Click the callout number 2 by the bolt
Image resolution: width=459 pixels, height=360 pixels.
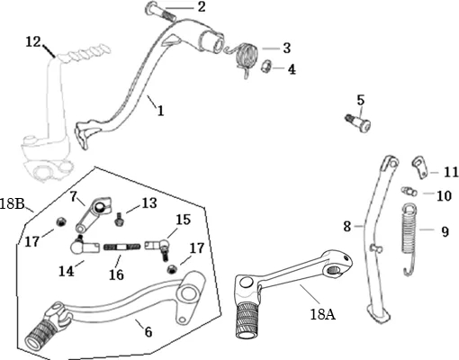(202, 6)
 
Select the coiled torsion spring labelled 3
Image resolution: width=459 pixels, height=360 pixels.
(244, 58)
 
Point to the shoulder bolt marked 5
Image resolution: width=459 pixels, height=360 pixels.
(358, 121)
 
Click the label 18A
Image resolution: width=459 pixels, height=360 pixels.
(323, 314)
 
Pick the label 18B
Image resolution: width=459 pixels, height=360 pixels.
(12, 203)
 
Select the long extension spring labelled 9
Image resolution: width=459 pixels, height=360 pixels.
(409, 237)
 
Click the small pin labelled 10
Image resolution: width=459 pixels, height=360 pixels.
(409, 191)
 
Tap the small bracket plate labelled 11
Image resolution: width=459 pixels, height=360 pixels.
(420, 167)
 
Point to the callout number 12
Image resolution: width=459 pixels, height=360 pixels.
(33, 41)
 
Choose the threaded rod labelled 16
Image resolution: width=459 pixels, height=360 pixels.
(121, 247)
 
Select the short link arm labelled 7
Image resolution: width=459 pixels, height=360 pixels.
(92, 213)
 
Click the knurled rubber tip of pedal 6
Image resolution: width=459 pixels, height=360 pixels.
(40, 333)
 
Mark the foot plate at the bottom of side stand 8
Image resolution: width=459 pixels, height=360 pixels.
(379, 314)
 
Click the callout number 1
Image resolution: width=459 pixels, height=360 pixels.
(161, 111)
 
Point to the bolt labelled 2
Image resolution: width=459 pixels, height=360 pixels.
(160, 11)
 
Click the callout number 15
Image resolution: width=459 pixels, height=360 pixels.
(183, 220)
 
